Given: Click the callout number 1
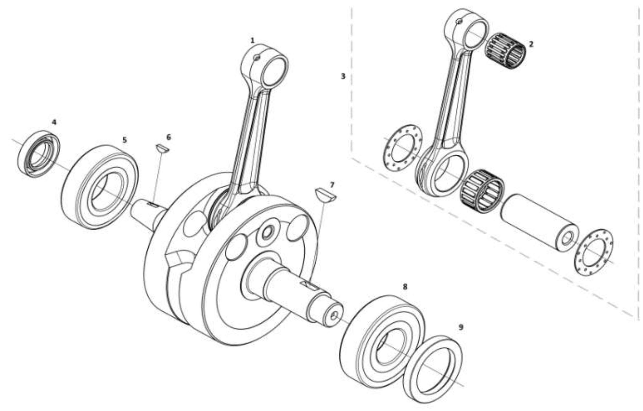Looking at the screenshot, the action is [252, 41].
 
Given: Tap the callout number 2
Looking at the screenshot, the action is [531, 44].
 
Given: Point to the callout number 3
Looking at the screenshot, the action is [343, 76].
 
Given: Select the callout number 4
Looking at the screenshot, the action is [54, 122].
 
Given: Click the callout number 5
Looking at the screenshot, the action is [124, 140].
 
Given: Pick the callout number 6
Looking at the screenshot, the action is [169, 137].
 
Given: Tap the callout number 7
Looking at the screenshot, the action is [332, 185].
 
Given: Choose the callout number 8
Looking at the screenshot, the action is [405, 287].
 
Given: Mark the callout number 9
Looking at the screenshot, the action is [461, 327].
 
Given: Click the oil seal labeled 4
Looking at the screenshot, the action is [39, 153].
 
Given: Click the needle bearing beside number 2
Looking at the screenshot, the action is [505, 51].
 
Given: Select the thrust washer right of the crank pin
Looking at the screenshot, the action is [594, 251].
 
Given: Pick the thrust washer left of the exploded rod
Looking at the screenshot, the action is [403, 148].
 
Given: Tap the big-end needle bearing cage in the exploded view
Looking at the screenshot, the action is [482, 191].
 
